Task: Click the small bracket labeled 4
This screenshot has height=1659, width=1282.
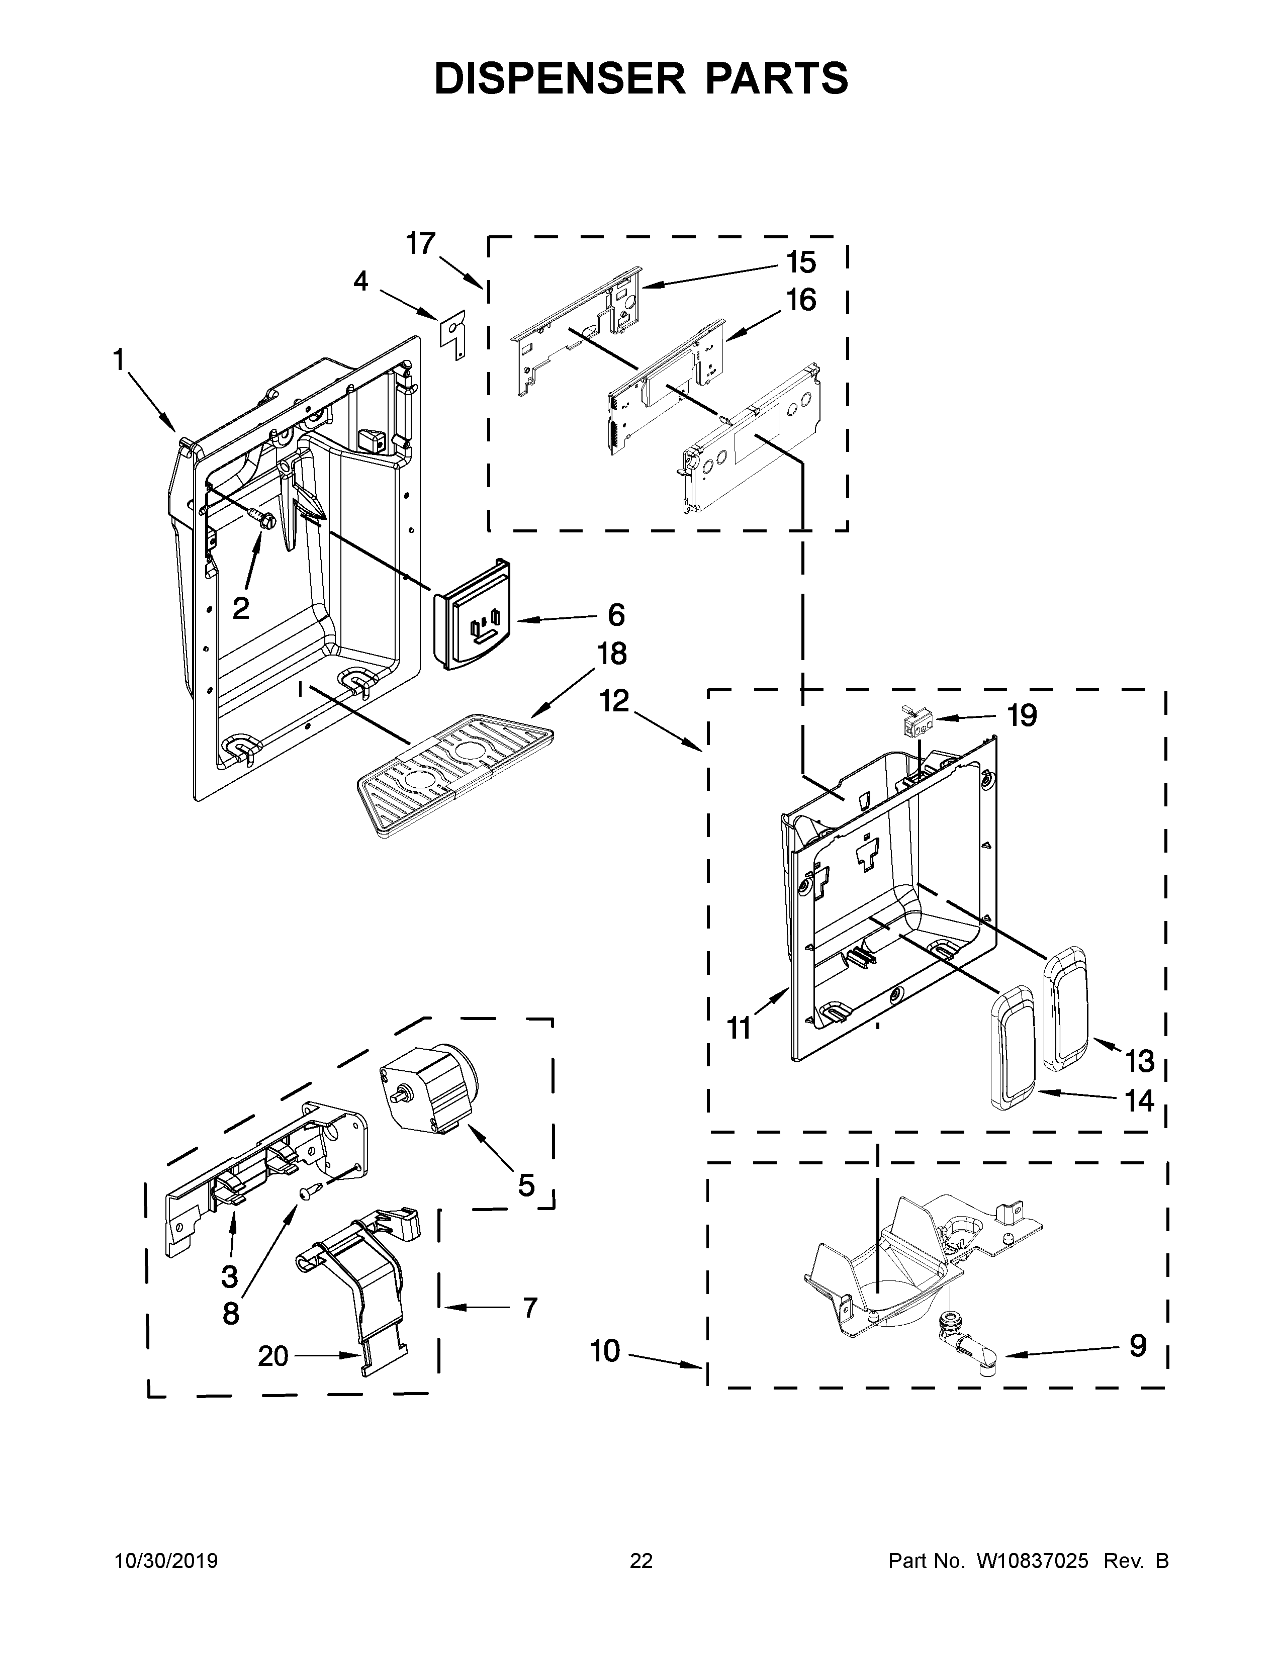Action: click(454, 334)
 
